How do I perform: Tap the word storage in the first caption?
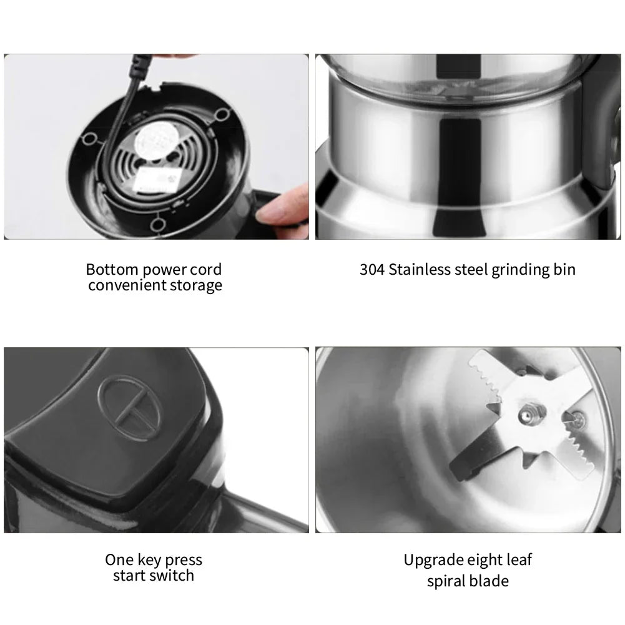[x=197, y=286]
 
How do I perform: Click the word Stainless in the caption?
[x=418, y=270]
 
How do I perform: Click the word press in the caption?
[x=183, y=559]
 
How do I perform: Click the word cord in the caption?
[x=207, y=270]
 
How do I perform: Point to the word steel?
[x=472, y=270]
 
